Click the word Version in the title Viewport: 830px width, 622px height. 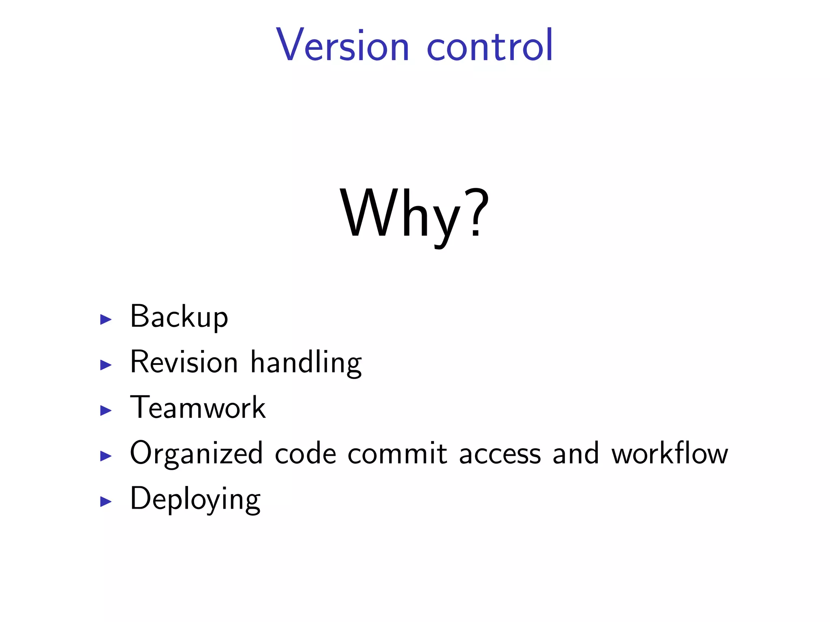(x=342, y=45)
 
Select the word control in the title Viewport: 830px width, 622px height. (x=490, y=45)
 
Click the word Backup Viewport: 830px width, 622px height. (x=179, y=317)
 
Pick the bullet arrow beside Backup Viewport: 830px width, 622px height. (x=106, y=320)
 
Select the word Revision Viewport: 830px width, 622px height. (x=184, y=362)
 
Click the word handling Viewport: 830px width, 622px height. (x=306, y=363)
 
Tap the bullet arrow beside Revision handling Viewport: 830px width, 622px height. (x=106, y=365)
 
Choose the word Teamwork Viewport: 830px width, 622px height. (x=198, y=408)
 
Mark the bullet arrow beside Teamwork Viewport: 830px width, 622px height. (x=106, y=411)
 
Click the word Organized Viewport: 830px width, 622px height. (x=196, y=454)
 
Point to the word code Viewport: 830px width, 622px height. (x=306, y=454)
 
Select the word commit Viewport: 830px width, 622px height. (x=397, y=454)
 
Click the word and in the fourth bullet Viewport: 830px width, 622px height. (x=575, y=454)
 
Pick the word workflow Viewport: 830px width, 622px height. (x=670, y=454)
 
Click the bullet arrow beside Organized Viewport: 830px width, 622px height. (x=106, y=456)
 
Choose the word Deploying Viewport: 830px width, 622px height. (x=195, y=499)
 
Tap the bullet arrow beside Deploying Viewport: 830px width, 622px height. (x=106, y=502)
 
